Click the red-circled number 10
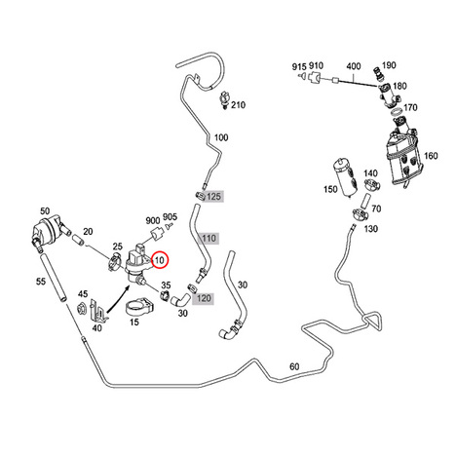(x=160, y=260)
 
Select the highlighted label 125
(x=213, y=196)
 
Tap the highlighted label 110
(x=209, y=239)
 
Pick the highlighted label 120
(x=204, y=298)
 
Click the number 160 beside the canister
(x=431, y=156)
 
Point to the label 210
(x=238, y=105)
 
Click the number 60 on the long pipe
(x=294, y=366)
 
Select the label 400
(x=354, y=66)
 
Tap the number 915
(x=299, y=66)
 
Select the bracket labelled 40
(x=98, y=310)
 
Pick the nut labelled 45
(x=81, y=308)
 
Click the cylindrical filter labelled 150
(x=346, y=177)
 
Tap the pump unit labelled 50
(x=48, y=232)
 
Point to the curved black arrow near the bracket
(x=119, y=298)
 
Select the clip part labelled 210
(x=224, y=99)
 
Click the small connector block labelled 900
(x=158, y=234)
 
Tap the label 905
(x=170, y=216)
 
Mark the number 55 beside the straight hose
(x=41, y=282)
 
